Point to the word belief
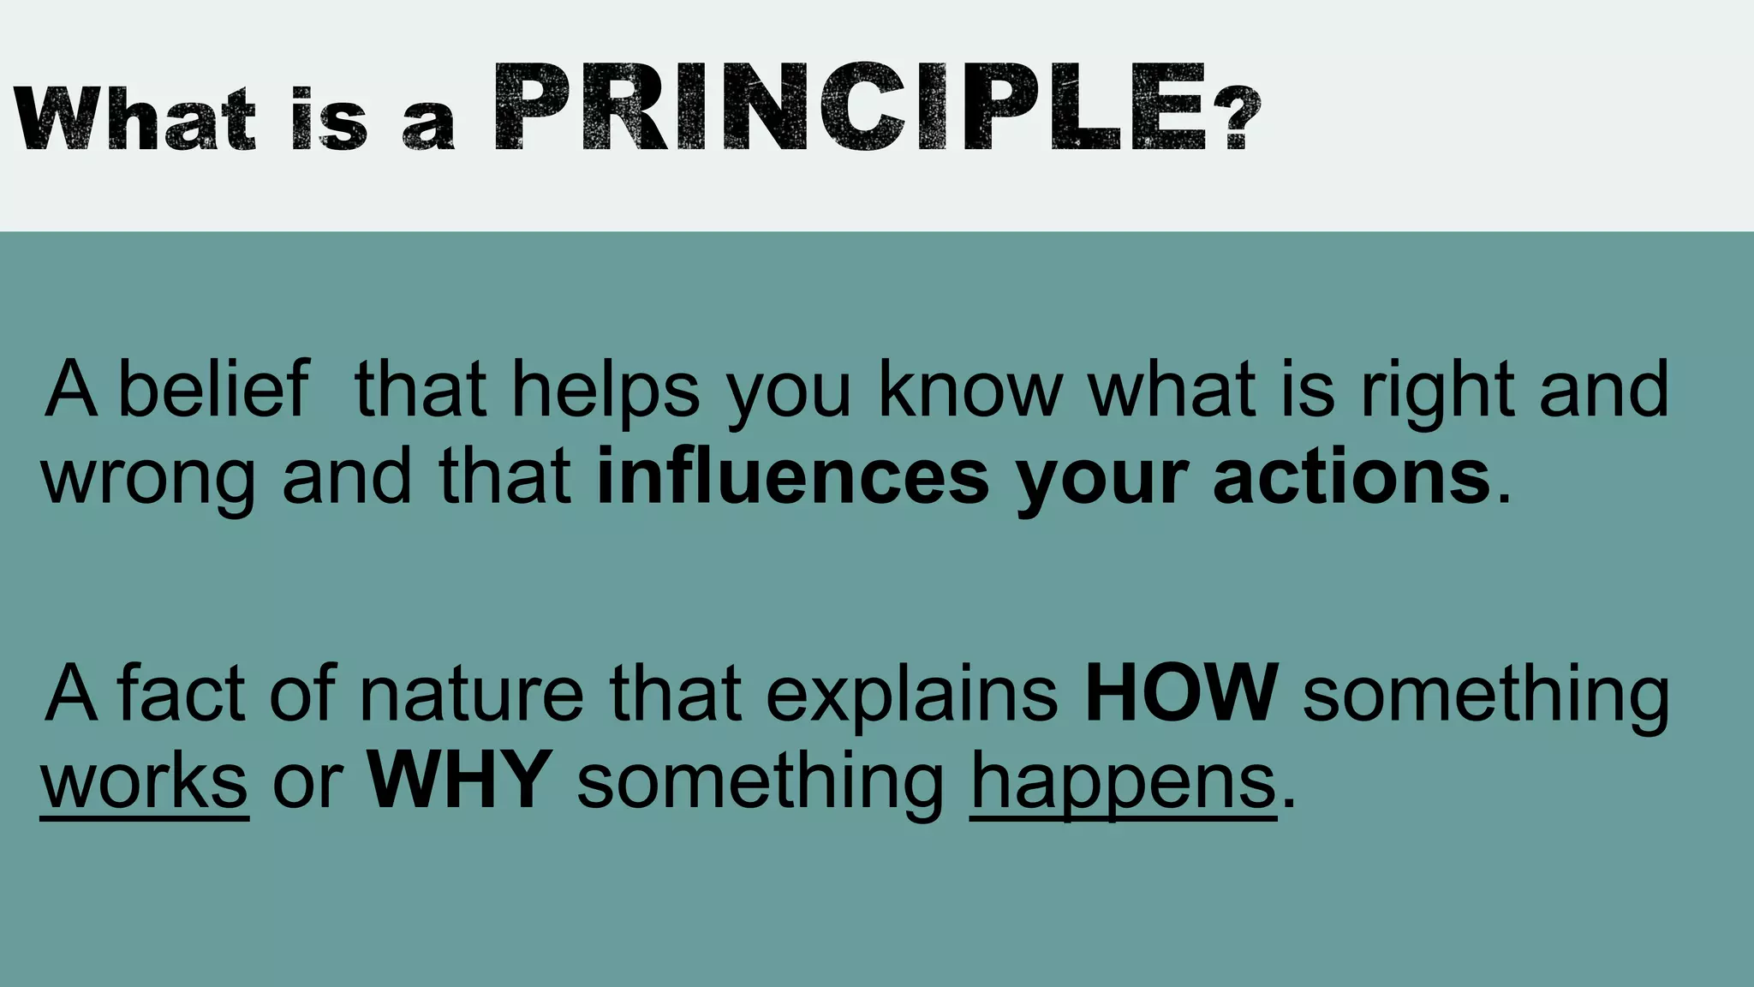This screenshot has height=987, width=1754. pos(212,389)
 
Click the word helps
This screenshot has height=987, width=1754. pos(606,391)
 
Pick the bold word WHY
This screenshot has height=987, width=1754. pos(460,780)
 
